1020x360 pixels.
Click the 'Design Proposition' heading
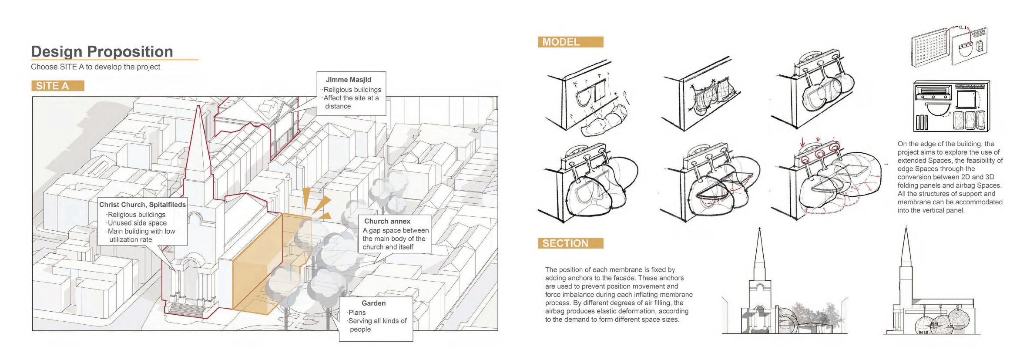click(102, 51)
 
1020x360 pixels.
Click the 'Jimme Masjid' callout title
click(348, 80)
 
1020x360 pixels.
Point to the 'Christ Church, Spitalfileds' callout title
click(142, 205)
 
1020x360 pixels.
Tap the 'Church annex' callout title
click(387, 221)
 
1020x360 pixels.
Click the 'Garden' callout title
click(373, 303)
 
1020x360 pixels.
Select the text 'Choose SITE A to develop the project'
click(95, 67)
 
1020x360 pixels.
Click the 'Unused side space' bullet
click(137, 223)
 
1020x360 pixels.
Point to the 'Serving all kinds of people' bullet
click(377, 325)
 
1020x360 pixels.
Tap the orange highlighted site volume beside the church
click(257, 270)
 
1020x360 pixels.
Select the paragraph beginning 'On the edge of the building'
click(950, 177)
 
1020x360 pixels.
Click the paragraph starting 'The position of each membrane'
click(618, 294)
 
